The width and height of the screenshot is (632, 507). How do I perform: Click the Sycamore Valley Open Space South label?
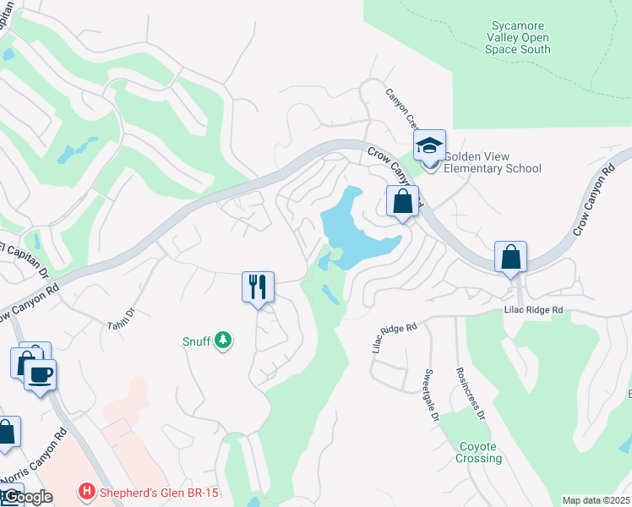(518, 38)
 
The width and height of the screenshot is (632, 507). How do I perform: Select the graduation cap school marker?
(429, 146)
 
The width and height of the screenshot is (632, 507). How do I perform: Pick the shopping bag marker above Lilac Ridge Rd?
(511, 258)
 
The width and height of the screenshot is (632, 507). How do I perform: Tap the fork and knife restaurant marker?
(259, 287)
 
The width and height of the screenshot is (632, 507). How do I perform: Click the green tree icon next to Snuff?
(223, 341)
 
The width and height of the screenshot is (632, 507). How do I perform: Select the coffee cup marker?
(40, 373)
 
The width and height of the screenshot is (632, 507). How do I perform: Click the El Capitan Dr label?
(25, 251)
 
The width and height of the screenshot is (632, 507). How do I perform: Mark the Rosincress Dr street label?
(471, 393)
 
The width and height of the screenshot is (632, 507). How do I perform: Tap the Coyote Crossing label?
(481, 452)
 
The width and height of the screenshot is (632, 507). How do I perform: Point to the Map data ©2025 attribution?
(596, 500)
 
